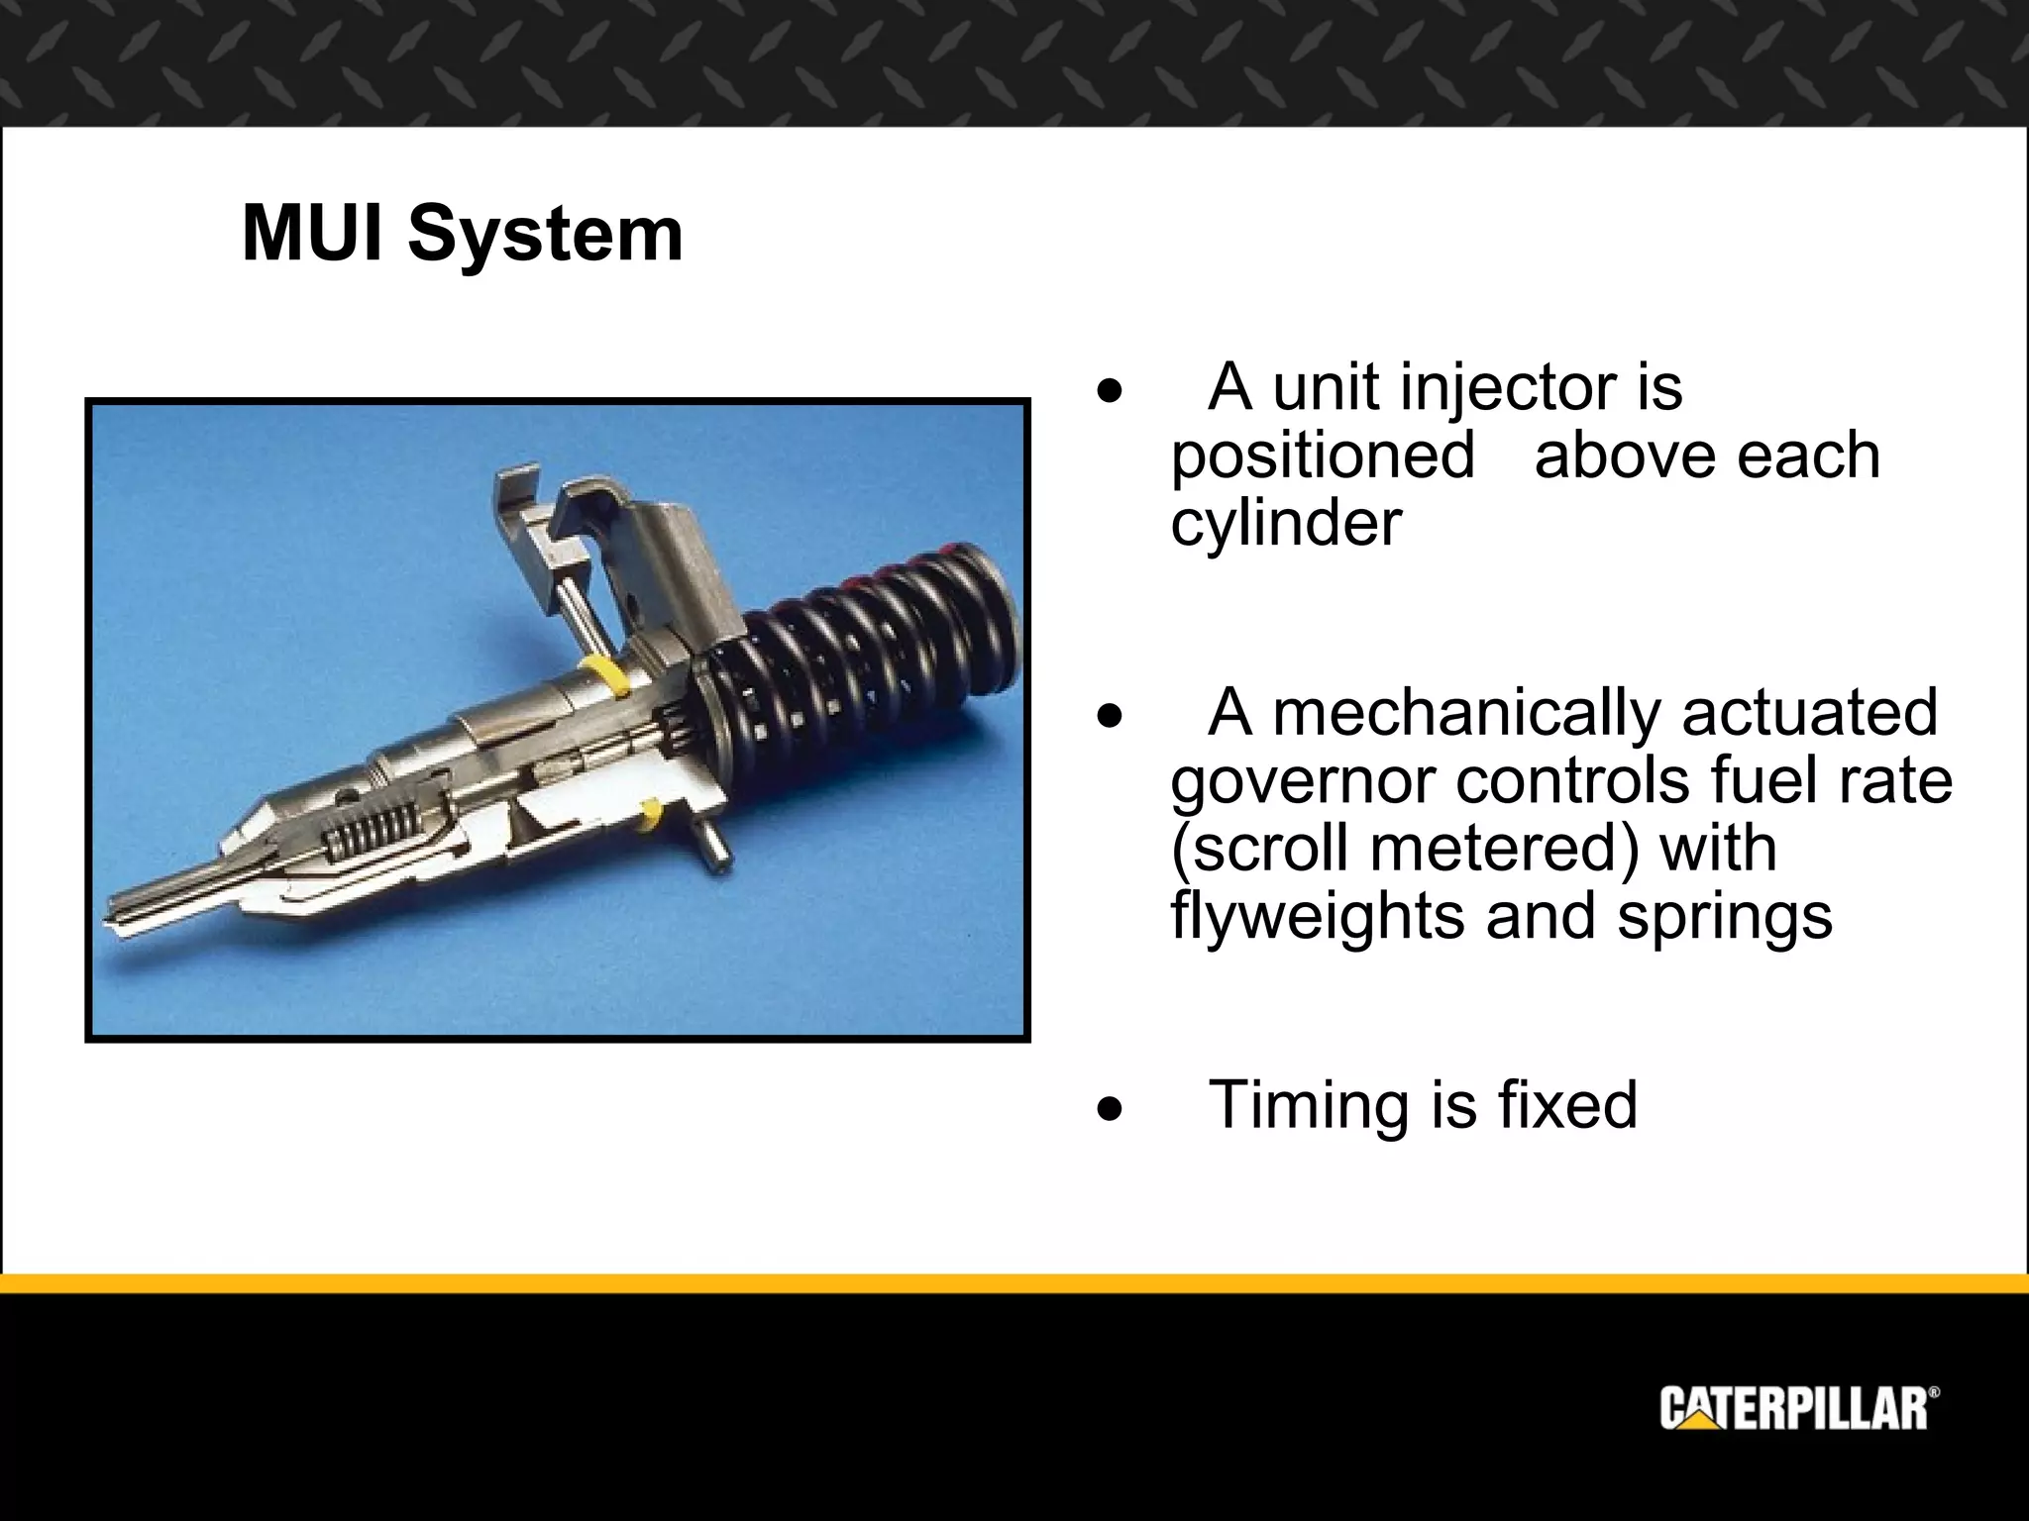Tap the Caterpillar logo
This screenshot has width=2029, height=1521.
[1799, 1409]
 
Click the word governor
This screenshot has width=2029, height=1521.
[1304, 782]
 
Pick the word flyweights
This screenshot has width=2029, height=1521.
[1319, 916]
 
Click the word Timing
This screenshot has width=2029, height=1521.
[1308, 1106]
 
